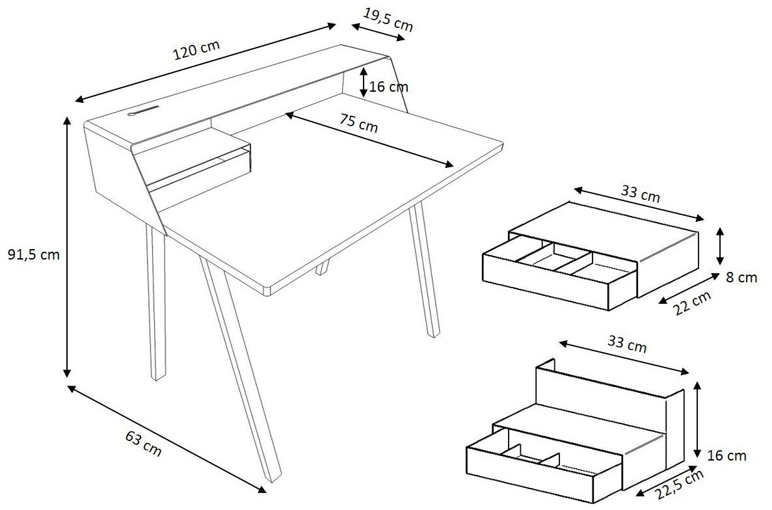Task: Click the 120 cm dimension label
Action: [196, 50]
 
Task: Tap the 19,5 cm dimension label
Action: [388, 20]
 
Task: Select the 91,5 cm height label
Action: [33, 254]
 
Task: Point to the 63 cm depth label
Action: [143, 442]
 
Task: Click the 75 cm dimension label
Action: [359, 123]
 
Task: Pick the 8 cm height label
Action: [741, 278]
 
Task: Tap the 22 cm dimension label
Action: [692, 302]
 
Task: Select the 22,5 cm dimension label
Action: [680, 487]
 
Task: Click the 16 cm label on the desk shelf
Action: [389, 87]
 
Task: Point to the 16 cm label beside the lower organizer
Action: [726, 456]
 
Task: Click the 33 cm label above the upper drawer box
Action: [640, 193]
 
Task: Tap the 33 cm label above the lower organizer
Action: [627, 343]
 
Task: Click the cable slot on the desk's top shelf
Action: [143, 111]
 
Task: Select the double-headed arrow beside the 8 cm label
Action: [721, 246]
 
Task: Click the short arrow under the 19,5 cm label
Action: [379, 32]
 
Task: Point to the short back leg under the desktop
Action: [322, 268]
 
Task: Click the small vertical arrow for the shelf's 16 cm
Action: [363, 82]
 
